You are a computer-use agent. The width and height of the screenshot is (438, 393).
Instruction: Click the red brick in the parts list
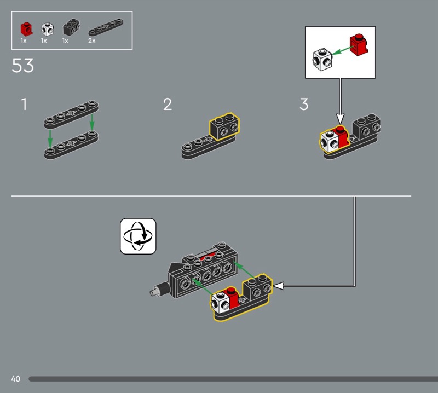[26, 29]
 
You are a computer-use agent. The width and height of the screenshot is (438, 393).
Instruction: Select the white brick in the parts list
[48, 29]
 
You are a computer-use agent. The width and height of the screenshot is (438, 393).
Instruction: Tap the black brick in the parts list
[71, 27]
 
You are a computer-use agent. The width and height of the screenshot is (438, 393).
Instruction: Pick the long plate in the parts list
[106, 27]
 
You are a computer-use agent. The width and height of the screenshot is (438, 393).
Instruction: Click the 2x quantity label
[92, 41]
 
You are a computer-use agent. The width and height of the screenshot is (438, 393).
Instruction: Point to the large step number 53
[22, 66]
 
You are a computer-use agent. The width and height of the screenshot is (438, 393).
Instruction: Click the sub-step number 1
[24, 104]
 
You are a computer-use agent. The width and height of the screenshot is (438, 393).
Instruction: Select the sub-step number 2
[168, 104]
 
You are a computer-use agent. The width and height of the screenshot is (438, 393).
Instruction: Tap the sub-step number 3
[304, 104]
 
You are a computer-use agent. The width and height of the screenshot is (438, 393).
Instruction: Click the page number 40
[16, 379]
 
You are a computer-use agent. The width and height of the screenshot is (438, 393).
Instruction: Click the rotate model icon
[138, 236]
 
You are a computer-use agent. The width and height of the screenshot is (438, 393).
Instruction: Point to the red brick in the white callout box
[359, 45]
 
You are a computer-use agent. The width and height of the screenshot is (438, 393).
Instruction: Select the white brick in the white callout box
[322, 60]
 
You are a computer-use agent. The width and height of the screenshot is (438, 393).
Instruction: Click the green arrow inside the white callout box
[342, 50]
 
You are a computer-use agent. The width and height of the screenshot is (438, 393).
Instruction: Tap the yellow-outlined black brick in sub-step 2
[224, 126]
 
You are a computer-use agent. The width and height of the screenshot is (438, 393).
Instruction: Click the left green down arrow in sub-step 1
[50, 138]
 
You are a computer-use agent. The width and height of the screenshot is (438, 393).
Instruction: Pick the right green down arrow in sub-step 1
[92, 122]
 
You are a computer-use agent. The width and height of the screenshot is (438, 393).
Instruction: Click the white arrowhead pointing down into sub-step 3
[340, 119]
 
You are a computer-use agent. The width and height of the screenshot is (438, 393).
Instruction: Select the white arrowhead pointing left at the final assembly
[279, 286]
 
